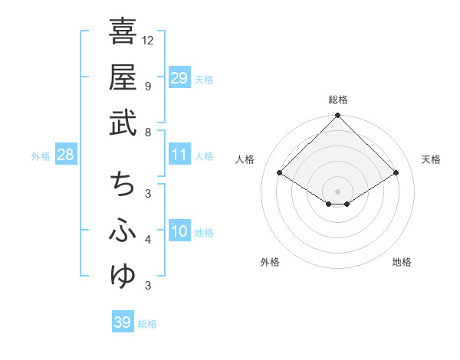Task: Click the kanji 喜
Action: pyautogui.click(x=123, y=31)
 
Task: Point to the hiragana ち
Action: pyautogui.click(x=123, y=185)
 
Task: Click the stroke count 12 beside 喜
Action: pyautogui.click(x=148, y=40)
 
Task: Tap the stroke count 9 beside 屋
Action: pyautogui.click(x=148, y=86)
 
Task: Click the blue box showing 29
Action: pyautogui.click(x=179, y=77)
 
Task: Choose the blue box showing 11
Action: pyautogui.click(x=179, y=155)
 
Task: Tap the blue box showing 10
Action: pyautogui.click(x=179, y=232)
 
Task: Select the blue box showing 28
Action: pyautogui.click(x=66, y=155)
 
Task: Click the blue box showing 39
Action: pyautogui.click(x=123, y=322)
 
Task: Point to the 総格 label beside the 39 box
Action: pyautogui.click(x=147, y=324)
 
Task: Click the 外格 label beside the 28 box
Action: pyautogui.click(x=41, y=156)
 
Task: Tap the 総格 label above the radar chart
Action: pyautogui.click(x=337, y=100)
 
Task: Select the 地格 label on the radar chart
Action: pyautogui.click(x=402, y=263)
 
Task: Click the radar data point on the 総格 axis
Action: pyautogui.click(x=337, y=116)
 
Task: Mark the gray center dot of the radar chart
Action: pyautogui.click(x=337, y=191)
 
